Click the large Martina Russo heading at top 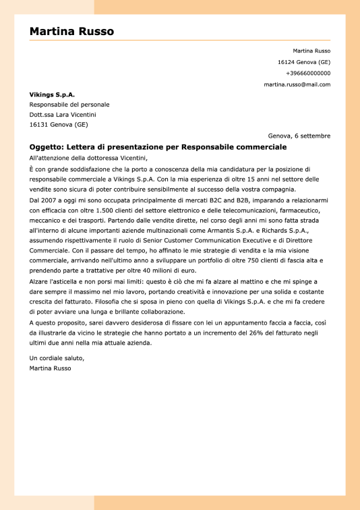coord(71,32)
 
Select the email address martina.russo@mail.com coord(297,84)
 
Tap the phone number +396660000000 coord(308,73)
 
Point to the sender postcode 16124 coord(287,62)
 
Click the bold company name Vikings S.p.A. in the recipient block coord(52,94)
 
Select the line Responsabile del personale coord(69,105)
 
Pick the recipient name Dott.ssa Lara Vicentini coord(63,115)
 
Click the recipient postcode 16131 coord(38,125)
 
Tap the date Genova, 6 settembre coord(299,136)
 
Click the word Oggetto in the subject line coord(46,147)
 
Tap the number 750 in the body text coord(262,260)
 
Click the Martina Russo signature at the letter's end coord(51,368)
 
